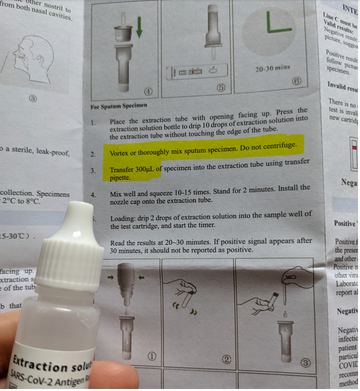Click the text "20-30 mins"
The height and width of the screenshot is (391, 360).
[272, 68]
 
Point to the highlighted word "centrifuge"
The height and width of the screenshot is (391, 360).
[278, 145]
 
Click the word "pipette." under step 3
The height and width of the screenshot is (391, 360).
[120, 178]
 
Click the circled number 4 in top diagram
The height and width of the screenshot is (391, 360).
[148, 92]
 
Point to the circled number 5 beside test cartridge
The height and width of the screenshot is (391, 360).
[222, 87]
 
